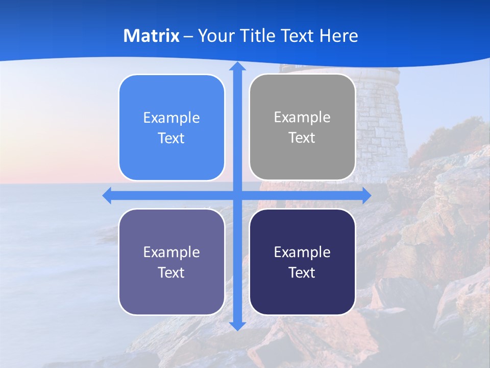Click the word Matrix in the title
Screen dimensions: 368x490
click(x=152, y=36)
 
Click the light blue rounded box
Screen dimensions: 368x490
click(x=171, y=128)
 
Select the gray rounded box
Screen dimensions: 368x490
click(x=302, y=127)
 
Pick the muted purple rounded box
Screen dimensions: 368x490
click(x=171, y=262)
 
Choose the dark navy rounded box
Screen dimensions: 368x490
click(x=302, y=262)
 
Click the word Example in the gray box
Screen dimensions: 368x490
click(x=302, y=117)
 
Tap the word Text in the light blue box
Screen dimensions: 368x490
click(x=171, y=138)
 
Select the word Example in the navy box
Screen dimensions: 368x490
click(x=302, y=252)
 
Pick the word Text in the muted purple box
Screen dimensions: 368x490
click(x=171, y=272)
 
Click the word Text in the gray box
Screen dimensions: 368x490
click(x=302, y=137)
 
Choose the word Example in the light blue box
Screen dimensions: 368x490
click(x=171, y=118)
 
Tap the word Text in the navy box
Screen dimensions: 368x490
click(x=302, y=272)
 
